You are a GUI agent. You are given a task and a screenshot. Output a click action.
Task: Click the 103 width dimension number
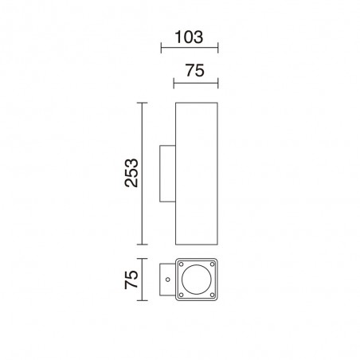[190, 37]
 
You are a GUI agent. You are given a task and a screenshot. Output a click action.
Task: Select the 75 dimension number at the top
[196, 70]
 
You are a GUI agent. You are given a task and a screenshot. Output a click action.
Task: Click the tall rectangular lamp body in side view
[196, 173]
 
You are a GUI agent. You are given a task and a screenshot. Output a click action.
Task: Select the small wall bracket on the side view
[167, 173]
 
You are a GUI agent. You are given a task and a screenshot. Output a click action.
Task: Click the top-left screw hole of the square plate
[182, 266]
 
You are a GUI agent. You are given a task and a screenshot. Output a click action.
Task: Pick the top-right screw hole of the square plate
[210, 266]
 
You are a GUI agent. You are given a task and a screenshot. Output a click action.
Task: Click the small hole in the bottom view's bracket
[167, 280]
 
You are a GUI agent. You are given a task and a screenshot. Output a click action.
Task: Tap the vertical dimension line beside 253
[143, 173]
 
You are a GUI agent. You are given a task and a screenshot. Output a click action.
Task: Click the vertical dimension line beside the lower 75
[143, 280]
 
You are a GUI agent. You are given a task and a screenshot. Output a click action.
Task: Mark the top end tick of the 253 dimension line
[143, 103]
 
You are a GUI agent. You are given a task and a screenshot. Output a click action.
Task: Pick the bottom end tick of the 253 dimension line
[143, 244]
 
